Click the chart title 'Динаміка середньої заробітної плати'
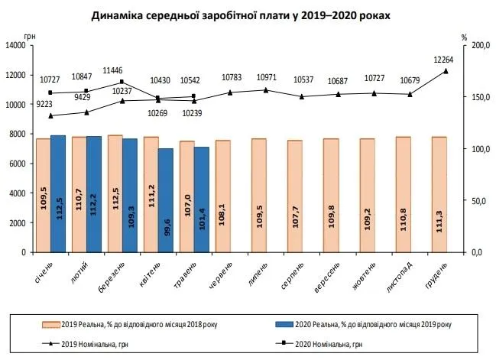(249, 15)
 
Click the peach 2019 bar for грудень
(439, 194)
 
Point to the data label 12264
(446, 60)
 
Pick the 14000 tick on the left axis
(16, 45)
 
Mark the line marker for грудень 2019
(446, 71)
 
